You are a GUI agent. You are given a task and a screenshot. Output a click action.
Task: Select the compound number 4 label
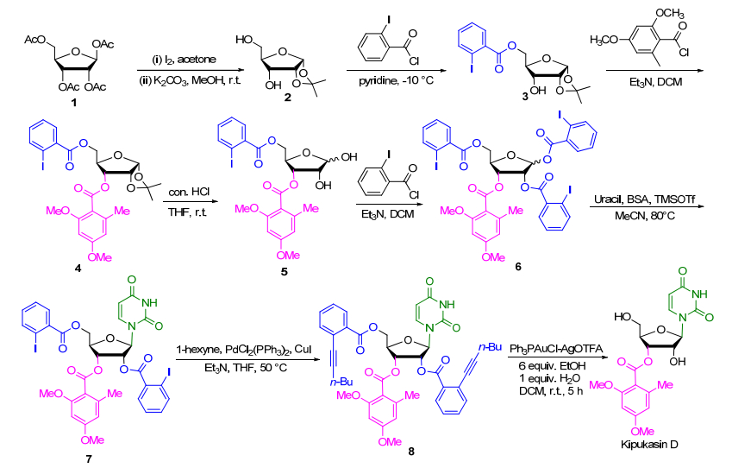pyautogui.click(x=78, y=269)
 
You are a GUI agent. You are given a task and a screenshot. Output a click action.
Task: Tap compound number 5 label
pyautogui.click(x=285, y=272)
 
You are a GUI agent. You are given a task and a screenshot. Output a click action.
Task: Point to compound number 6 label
pyautogui.click(x=518, y=267)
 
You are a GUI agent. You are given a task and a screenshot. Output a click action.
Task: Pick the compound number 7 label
pyautogui.click(x=89, y=459)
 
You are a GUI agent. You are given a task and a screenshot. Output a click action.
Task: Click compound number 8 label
pyautogui.click(x=411, y=452)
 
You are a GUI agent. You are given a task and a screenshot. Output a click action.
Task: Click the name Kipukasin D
pyautogui.click(x=649, y=445)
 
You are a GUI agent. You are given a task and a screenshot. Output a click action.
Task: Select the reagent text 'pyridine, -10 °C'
pyautogui.click(x=396, y=81)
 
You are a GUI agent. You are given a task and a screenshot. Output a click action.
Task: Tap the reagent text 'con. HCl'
pyautogui.click(x=189, y=192)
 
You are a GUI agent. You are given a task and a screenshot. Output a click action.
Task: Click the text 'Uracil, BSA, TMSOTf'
pyautogui.click(x=645, y=199)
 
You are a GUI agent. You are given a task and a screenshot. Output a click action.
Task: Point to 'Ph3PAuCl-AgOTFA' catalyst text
pyautogui.click(x=556, y=349)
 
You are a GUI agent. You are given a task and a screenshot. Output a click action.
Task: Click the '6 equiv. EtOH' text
pyautogui.click(x=552, y=366)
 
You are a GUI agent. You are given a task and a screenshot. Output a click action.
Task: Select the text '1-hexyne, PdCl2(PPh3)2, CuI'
pyautogui.click(x=244, y=350)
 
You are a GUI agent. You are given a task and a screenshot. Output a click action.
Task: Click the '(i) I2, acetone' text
pyautogui.click(x=185, y=60)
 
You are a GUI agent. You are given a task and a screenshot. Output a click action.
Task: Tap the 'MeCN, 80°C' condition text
pyautogui.click(x=645, y=216)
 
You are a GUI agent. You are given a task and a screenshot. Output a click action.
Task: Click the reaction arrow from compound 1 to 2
pyautogui.click(x=191, y=71)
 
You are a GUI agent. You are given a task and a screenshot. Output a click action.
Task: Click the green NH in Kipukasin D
pyautogui.click(x=699, y=294)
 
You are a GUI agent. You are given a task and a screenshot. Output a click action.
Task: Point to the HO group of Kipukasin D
pyautogui.click(x=623, y=317)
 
